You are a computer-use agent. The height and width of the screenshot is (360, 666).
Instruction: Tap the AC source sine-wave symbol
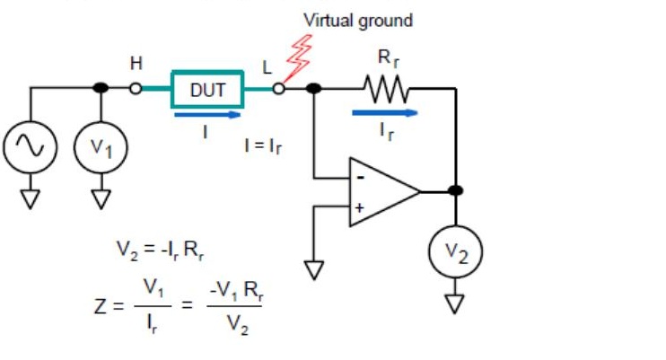pyautogui.click(x=30, y=146)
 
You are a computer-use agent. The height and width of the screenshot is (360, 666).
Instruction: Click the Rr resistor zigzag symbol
pyautogui.click(x=386, y=89)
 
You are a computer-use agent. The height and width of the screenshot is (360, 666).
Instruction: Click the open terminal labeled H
pyautogui.click(x=136, y=88)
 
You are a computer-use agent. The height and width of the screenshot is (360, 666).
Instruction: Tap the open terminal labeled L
pyautogui.click(x=278, y=88)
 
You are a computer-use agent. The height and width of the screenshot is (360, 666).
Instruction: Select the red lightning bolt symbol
pyautogui.click(x=299, y=57)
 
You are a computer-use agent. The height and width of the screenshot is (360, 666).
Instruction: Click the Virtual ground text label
pyautogui.click(x=358, y=21)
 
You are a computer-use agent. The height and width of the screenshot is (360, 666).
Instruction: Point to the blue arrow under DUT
pyautogui.click(x=207, y=114)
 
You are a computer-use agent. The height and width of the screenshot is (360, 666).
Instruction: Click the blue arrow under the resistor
pyautogui.click(x=385, y=112)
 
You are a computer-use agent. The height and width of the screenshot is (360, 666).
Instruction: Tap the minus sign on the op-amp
pyautogui.click(x=361, y=178)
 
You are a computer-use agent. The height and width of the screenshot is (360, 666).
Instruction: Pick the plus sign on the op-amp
pyautogui.click(x=359, y=208)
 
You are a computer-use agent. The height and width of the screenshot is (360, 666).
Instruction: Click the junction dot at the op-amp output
pyautogui.click(x=455, y=190)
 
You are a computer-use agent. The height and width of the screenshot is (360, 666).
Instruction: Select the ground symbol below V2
pyautogui.click(x=454, y=303)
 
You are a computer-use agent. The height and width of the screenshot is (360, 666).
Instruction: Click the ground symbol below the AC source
pyautogui.click(x=30, y=199)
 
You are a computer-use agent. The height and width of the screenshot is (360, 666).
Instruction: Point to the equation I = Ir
pyautogui.click(x=263, y=146)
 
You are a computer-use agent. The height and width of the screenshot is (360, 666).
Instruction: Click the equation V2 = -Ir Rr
pyautogui.click(x=160, y=250)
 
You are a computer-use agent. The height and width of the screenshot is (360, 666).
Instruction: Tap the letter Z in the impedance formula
pyautogui.click(x=101, y=306)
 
